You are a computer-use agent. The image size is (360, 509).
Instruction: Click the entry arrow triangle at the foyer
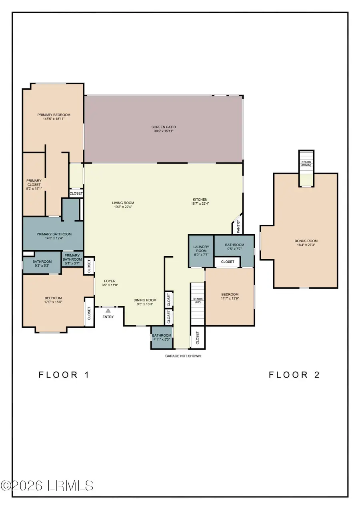tap(108, 309)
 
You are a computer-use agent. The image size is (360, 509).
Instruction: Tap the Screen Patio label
tap(163, 127)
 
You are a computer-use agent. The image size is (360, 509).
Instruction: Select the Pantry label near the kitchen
tap(238, 227)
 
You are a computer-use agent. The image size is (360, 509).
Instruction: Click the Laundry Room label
tap(201, 249)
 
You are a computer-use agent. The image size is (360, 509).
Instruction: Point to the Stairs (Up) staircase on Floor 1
tap(197, 304)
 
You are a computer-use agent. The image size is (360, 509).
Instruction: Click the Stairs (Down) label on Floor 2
tap(306, 164)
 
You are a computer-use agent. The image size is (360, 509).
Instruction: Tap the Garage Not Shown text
tap(183, 356)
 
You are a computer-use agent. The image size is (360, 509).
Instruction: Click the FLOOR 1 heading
tap(64, 375)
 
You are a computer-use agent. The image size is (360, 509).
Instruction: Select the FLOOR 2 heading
tap(294, 375)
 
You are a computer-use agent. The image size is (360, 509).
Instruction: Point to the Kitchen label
tap(200, 200)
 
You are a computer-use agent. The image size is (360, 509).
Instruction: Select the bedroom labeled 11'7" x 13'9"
tap(230, 296)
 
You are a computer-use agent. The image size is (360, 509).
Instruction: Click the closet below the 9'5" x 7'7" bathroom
tap(227, 262)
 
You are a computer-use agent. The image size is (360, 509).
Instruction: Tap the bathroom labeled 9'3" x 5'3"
tap(42, 263)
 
